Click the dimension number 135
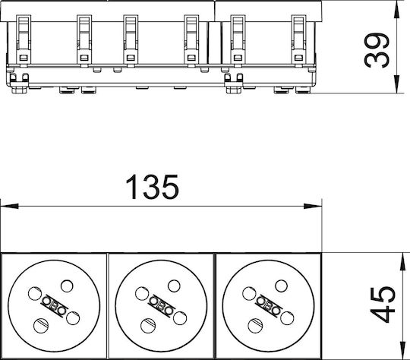[153, 187]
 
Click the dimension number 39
[377, 49]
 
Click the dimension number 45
[382, 305]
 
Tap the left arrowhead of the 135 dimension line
[10, 206]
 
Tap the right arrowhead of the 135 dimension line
[313, 206]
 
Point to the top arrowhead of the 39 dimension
[396, 9]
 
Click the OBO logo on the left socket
[54, 306]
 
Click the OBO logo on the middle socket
[161, 306]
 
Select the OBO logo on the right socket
[268, 306]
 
